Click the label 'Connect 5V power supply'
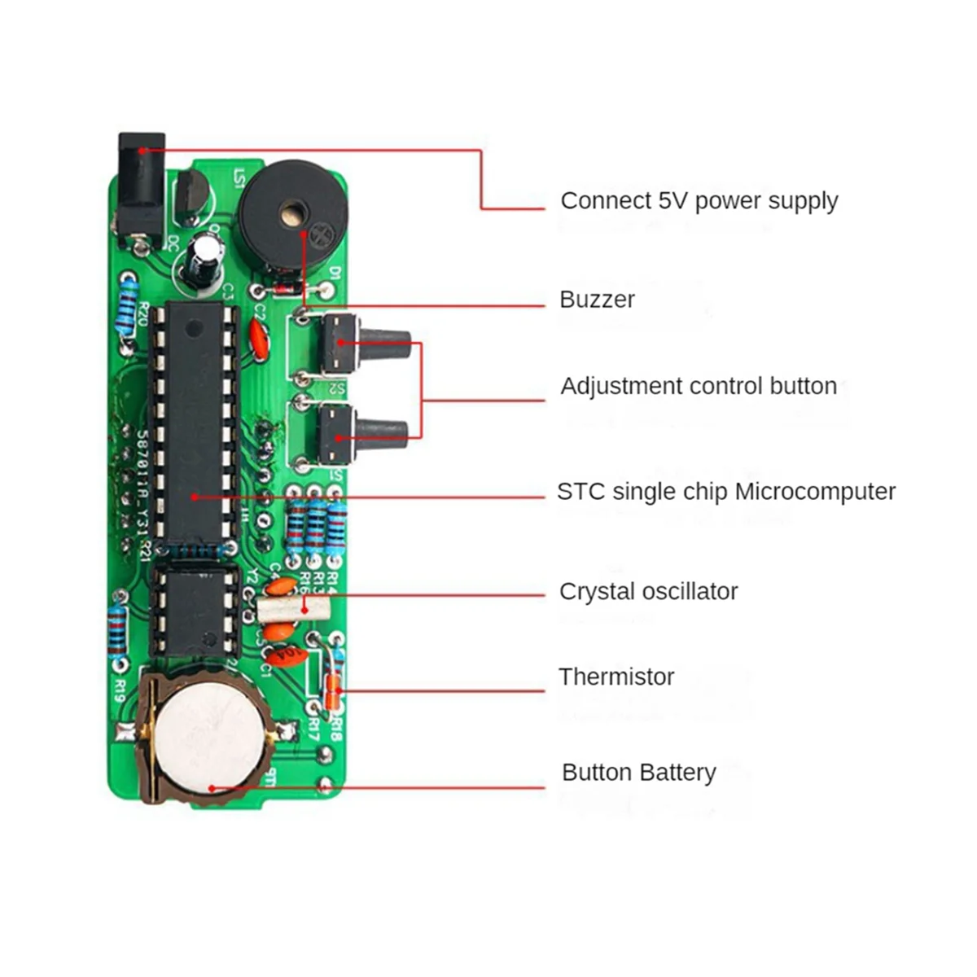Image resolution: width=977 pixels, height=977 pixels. click(699, 201)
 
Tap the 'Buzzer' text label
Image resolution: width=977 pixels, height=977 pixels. click(597, 300)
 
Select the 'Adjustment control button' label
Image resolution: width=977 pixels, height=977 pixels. click(698, 386)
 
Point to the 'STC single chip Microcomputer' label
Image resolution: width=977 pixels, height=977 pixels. click(725, 492)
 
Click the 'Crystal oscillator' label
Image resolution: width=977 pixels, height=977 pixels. click(648, 592)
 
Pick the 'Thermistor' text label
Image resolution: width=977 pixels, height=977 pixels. click(616, 677)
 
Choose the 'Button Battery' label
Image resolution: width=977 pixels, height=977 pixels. click(638, 773)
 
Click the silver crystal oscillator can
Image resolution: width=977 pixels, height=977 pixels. click(292, 607)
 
